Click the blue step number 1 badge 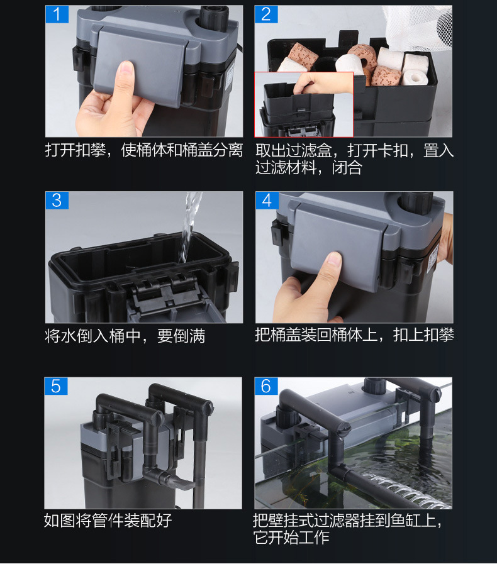57,14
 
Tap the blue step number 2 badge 266,14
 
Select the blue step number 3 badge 57,201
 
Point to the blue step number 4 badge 267,201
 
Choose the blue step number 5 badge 56,386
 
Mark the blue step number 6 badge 266,386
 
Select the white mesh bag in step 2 418,27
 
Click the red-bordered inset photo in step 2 304,104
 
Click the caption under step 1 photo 144,150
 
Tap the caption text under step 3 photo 125,336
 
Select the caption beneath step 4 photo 354,335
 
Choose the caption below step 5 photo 108,521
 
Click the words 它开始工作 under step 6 291,538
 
